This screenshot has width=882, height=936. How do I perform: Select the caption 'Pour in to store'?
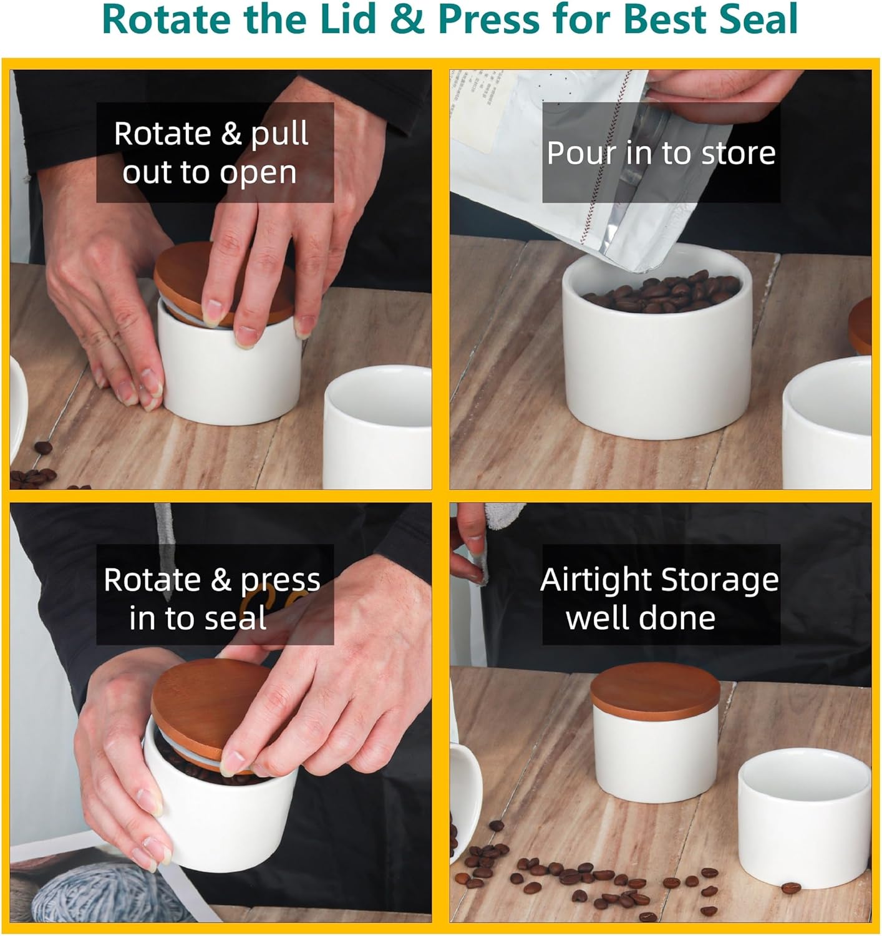click(661, 153)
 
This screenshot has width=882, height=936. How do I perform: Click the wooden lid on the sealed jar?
click(655, 690)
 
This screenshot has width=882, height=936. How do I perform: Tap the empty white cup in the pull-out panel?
click(377, 427)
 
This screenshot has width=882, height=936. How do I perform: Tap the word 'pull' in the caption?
click(279, 135)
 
